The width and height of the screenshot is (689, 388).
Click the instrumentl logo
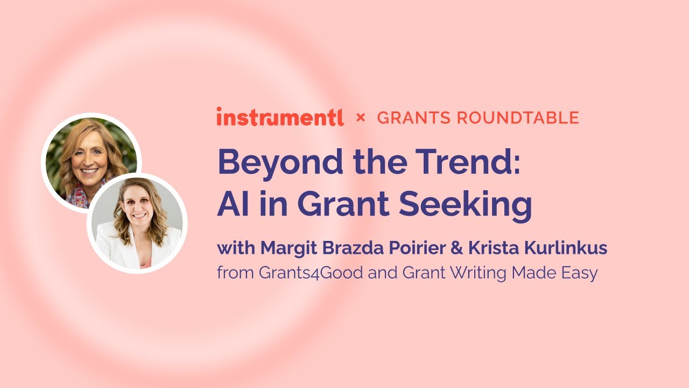point(280,117)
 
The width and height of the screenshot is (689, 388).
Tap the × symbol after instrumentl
point(361,117)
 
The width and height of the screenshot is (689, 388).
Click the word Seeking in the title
point(467,205)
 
